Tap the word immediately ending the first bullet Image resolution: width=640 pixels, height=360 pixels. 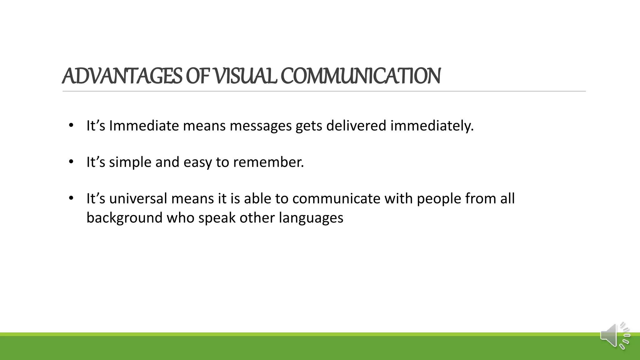pos(432,126)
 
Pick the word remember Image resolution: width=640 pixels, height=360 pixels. pos(268,162)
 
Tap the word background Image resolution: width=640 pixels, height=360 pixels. pos(124,218)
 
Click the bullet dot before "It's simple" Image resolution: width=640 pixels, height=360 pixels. pos(71,162)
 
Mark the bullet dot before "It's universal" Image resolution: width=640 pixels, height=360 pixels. pos(71,198)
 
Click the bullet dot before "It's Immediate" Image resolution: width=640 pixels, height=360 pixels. pos(71,126)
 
